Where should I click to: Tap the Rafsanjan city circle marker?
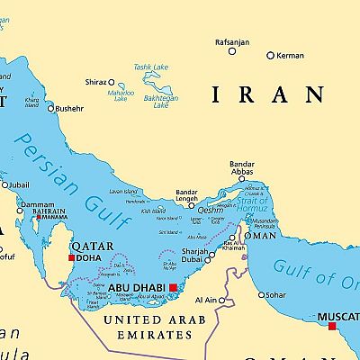pyautogui.click(x=232, y=51)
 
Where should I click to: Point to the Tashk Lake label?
pyautogui.click(x=150, y=67)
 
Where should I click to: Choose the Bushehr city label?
pyautogui.click(x=69, y=109)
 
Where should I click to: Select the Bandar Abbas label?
pyautogui.click(x=241, y=170)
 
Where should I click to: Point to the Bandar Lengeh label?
pyautogui.click(x=186, y=196)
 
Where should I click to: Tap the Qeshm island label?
pyautogui.click(x=210, y=210)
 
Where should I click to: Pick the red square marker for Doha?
pyautogui.click(x=72, y=257)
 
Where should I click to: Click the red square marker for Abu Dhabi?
pyautogui.click(x=174, y=287)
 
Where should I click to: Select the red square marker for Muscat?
pyautogui.click(x=332, y=326)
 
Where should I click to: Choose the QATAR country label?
pyautogui.click(x=93, y=245)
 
